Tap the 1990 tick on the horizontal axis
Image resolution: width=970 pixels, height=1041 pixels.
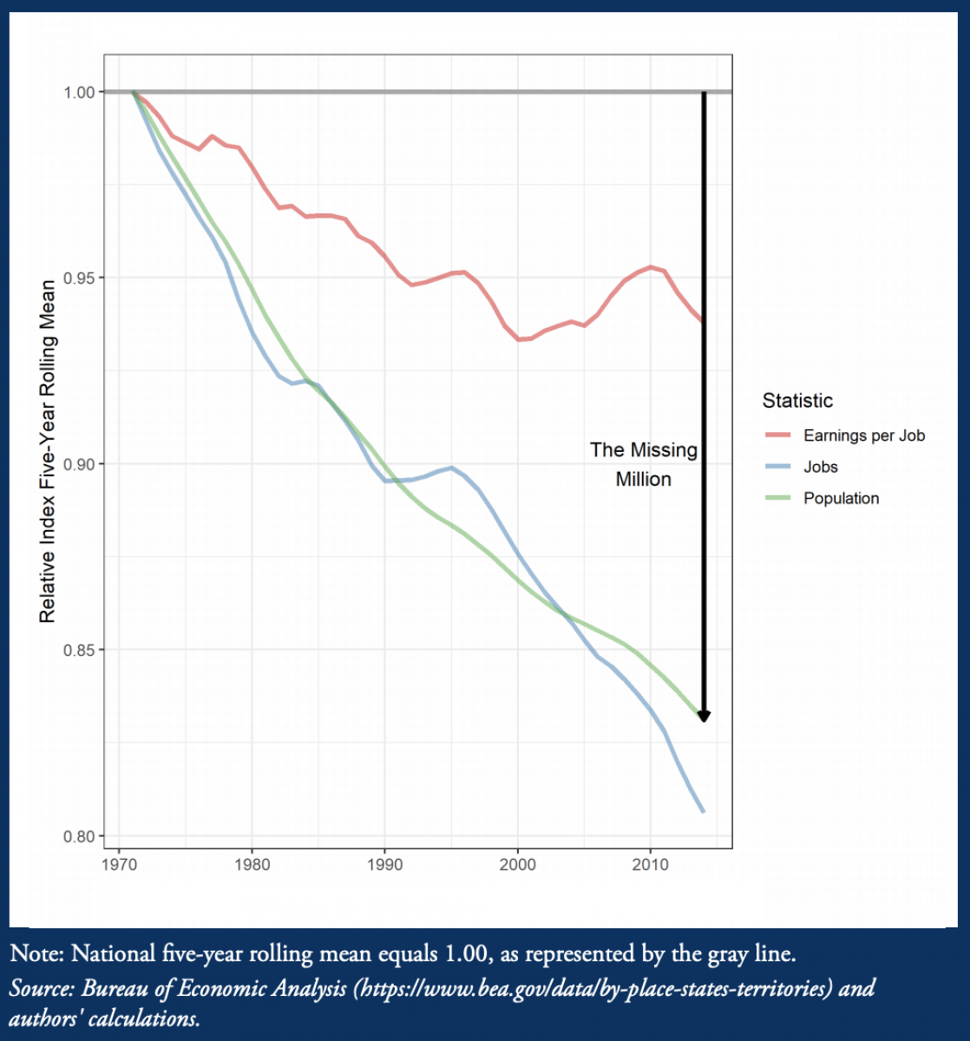[x=385, y=865]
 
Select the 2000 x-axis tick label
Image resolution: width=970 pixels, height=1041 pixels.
[x=518, y=865]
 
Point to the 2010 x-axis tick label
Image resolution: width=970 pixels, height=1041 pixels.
[x=651, y=865]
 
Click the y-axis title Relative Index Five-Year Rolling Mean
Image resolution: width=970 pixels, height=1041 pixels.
[x=48, y=451]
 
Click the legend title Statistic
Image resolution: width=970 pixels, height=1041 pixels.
[x=797, y=401]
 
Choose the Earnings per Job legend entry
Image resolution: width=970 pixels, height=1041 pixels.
[x=864, y=435]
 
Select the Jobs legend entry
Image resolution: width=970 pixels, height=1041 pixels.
[x=821, y=467]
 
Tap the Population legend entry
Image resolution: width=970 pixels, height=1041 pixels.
[x=841, y=498]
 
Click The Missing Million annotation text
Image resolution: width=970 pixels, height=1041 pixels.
[x=644, y=464]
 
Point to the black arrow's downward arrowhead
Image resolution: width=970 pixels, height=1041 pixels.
[x=705, y=716]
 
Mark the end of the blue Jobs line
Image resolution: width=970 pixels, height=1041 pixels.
[x=704, y=811]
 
